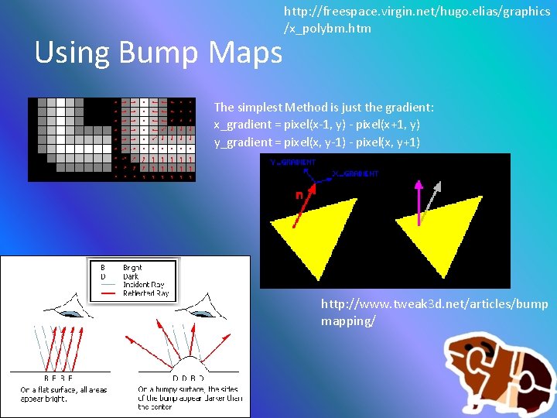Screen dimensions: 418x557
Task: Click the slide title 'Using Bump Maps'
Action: (x=159, y=53)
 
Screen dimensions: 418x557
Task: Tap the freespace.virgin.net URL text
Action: (x=417, y=20)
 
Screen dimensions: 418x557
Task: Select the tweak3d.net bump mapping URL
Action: (x=434, y=312)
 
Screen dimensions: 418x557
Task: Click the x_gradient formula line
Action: (x=316, y=125)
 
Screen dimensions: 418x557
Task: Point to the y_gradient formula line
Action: (x=316, y=142)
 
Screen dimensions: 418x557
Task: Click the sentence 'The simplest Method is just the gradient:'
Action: (x=323, y=107)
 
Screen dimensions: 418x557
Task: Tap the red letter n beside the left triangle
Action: (x=299, y=196)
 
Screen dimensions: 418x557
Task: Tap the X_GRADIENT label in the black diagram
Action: (x=355, y=174)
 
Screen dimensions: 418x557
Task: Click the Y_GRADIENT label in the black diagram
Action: (x=292, y=163)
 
